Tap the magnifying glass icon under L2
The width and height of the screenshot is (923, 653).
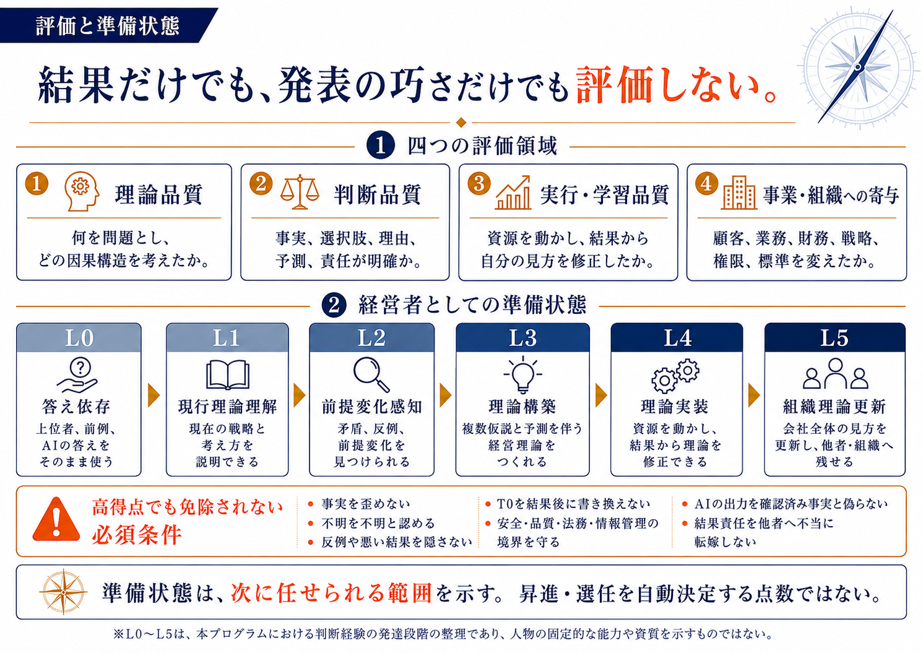371,374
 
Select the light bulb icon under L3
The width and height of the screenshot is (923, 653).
522,374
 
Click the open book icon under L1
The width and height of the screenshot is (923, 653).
227,374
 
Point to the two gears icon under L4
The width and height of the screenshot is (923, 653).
675,375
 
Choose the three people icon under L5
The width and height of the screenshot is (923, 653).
835,373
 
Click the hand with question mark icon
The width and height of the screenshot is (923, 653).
77,375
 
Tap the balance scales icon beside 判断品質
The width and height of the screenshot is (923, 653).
300,192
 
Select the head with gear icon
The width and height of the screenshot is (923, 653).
82,191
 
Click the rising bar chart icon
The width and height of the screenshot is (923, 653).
513,192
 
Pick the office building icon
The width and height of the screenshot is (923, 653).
739,192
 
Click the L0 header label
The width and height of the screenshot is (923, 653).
79,338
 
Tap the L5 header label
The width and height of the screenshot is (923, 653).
834,338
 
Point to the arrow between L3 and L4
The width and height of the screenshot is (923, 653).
601,396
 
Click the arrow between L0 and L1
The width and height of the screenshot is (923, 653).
154,396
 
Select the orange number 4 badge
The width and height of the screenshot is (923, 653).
707,183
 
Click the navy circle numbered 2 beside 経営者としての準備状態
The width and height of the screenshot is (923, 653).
334,306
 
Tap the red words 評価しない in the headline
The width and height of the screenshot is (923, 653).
676,85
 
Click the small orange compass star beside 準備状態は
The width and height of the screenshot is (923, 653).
64,592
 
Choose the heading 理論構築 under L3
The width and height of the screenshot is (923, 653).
522,407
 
